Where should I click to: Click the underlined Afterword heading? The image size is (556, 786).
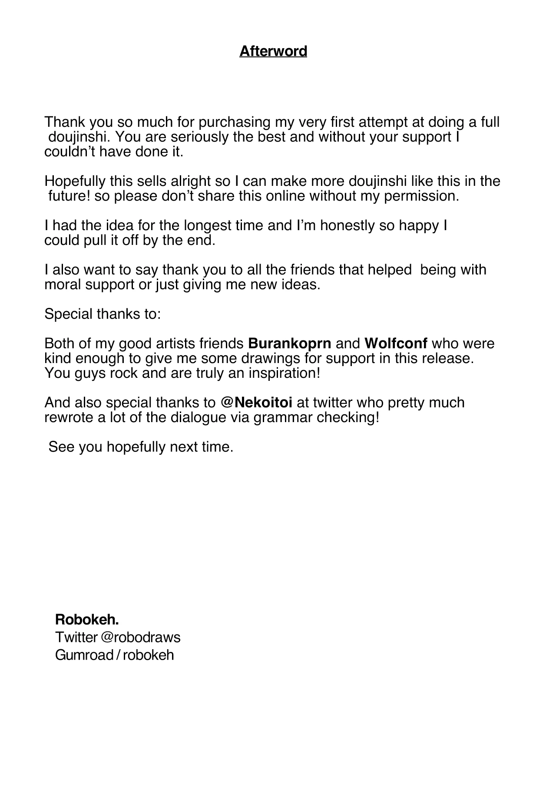click(x=273, y=51)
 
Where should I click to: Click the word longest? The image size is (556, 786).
click(x=209, y=226)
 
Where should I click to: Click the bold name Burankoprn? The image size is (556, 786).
click(x=289, y=343)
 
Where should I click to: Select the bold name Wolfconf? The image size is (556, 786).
click(x=396, y=343)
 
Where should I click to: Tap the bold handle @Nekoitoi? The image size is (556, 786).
click(x=256, y=403)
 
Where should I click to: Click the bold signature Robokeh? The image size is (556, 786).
click(x=87, y=618)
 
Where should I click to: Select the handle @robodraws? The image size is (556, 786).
click(x=140, y=637)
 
